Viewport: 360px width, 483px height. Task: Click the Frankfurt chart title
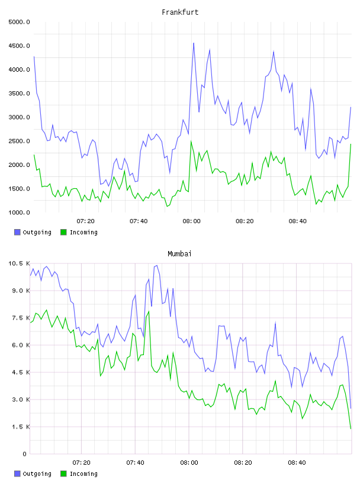pos(180,12)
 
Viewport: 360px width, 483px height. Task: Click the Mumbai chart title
pos(179,254)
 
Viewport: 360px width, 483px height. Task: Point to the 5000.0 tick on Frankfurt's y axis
pos(19,22)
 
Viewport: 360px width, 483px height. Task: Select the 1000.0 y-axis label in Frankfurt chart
pos(19,212)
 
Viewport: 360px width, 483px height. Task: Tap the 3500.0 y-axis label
pos(19,94)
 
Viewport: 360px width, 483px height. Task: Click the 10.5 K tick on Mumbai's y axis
pos(19,263)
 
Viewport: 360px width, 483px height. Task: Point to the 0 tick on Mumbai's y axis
pos(25,454)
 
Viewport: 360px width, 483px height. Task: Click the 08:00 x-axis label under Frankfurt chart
pos(191,221)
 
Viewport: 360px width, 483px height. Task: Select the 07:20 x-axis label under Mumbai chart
pos(81,463)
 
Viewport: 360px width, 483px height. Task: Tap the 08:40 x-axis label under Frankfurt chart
pos(297,221)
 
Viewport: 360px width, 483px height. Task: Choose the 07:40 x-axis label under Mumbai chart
pos(136,463)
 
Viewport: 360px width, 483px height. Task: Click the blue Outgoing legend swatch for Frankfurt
pos(17,232)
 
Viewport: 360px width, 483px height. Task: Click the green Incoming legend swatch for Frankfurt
pos(63,232)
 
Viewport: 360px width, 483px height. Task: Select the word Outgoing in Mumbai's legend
pos(37,474)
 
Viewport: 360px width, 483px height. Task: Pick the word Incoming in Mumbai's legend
pos(83,474)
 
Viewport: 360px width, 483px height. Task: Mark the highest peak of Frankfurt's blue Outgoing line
pos(194,43)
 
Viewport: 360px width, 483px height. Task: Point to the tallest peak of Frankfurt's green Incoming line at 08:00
pos(191,141)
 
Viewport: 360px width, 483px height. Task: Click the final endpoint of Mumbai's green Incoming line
pos(351,429)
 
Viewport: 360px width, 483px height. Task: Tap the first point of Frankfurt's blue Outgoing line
pos(34,57)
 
